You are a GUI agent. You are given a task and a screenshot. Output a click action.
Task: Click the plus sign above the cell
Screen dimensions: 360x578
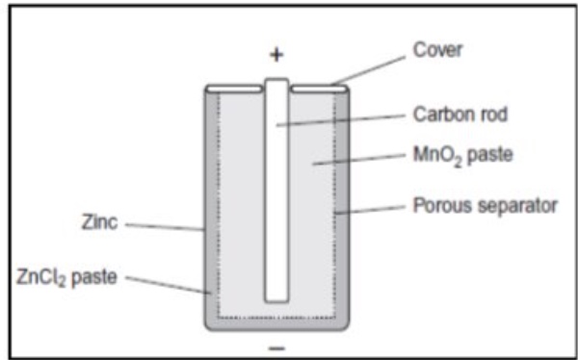(276, 55)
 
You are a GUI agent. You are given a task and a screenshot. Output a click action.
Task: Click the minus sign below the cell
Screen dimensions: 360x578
(276, 344)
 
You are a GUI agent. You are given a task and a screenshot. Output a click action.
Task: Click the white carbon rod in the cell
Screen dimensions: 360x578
(276, 193)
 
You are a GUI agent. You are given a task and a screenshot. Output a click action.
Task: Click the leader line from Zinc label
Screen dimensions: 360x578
(164, 227)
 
